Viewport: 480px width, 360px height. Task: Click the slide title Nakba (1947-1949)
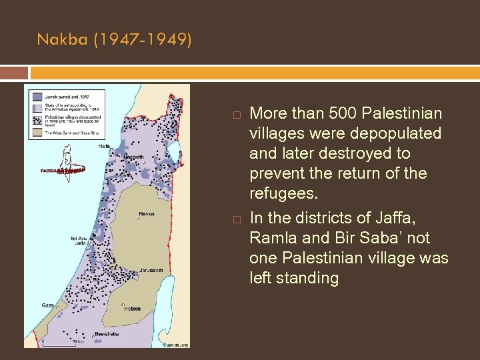click(114, 40)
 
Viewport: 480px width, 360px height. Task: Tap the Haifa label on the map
click(104, 146)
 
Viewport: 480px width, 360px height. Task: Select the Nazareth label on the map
click(134, 157)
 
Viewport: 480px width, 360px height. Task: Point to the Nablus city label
click(146, 214)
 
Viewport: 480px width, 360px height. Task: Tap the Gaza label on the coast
click(47, 305)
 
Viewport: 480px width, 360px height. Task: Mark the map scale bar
click(59, 343)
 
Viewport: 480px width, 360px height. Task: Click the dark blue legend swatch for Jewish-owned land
click(36, 95)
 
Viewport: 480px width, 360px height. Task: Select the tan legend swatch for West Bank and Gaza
click(36, 132)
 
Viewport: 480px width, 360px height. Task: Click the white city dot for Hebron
click(124, 305)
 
